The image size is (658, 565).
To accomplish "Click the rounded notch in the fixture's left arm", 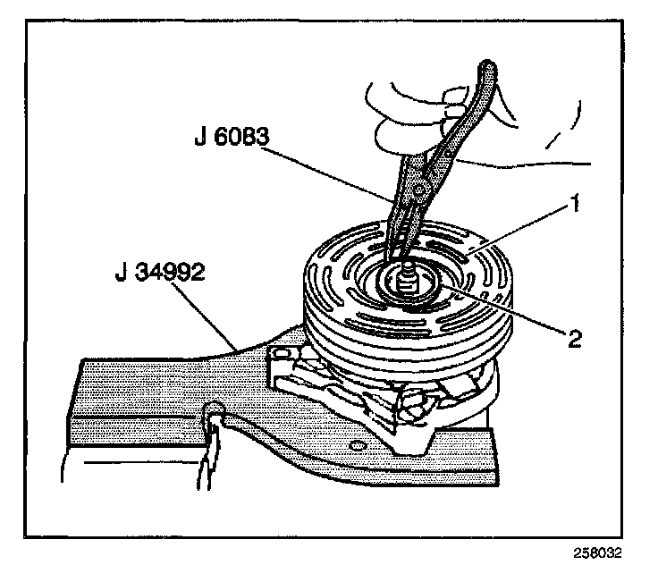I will tap(215, 411).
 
